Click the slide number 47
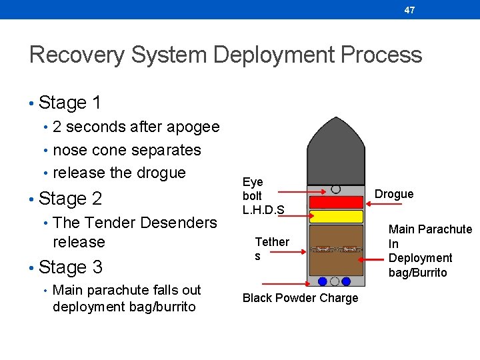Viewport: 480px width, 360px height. coord(409,10)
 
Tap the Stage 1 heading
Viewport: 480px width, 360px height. coord(70,103)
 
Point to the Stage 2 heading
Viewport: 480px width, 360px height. coord(70,199)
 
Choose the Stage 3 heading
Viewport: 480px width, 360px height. coord(70,267)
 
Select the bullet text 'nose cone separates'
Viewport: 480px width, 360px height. coord(127,150)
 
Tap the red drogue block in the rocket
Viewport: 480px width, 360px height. coord(336,201)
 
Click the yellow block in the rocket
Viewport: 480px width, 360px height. coord(336,216)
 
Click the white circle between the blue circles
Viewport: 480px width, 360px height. coord(336,281)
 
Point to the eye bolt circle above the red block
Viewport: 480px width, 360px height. coord(336,189)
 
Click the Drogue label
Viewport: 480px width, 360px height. coord(394,194)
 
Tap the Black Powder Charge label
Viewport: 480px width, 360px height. coord(300,298)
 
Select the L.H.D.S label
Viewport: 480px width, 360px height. coord(263,210)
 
